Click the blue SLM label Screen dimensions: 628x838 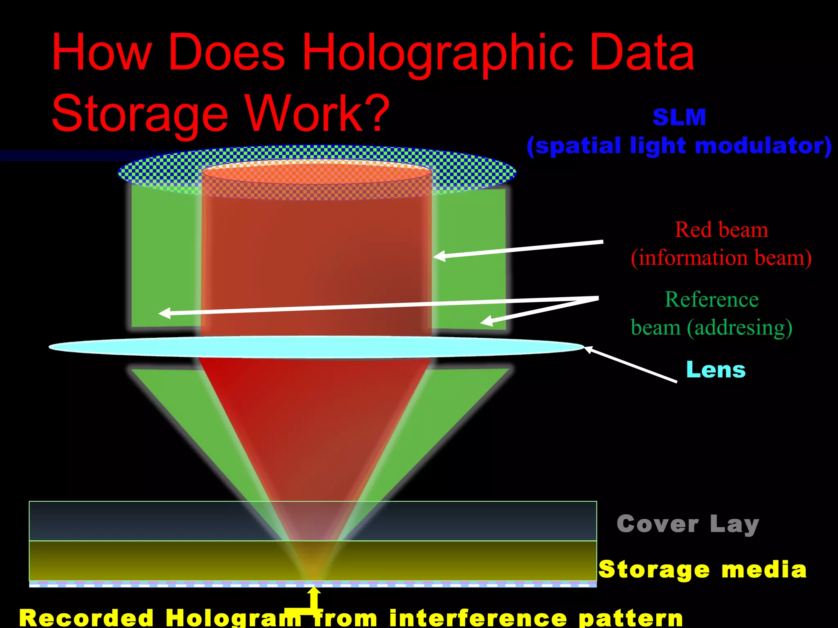[x=679, y=117]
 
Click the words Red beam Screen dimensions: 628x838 [x=721, y=230]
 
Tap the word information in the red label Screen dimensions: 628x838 [x=694, y=258]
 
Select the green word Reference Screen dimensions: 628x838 [x=712, y=299]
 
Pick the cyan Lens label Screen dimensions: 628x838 [x=716, y=370]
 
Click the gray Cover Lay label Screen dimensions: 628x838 [x=687, y=524]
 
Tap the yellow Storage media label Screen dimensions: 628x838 [x=702, y=569]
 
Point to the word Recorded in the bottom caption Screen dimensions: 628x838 [x=86, y=617]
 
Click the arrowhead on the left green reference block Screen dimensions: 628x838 [x=164, y=313]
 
